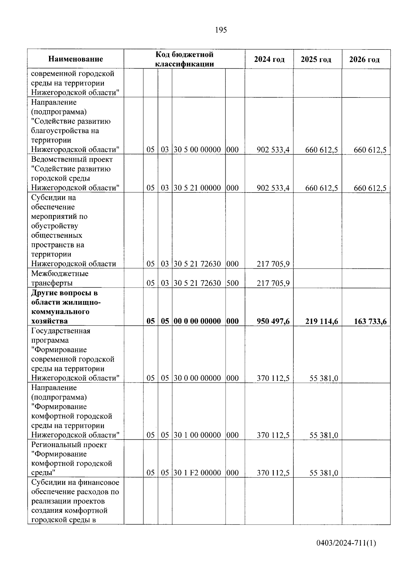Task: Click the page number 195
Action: point(221,30)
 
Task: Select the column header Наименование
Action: point(75,59)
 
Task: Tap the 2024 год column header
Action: point(269,60)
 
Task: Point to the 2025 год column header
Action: point(316,60)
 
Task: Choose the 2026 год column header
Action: point(364,60)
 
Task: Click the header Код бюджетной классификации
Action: point(184,59)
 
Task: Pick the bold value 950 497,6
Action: point(273,321)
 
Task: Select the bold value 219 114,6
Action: point(321,321)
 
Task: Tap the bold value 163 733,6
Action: point(370,321)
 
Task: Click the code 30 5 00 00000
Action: point(197,150)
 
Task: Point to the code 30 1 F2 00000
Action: point(197,473)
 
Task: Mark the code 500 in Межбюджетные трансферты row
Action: point(232,283)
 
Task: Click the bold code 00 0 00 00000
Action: point(197,321)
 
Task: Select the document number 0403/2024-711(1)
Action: point(346,543)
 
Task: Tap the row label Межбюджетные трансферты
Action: point(60,278)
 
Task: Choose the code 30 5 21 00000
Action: point(197,188)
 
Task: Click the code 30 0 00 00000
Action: point(197,378)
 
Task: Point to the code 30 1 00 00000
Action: point(197,435)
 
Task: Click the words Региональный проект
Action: point(69,445)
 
